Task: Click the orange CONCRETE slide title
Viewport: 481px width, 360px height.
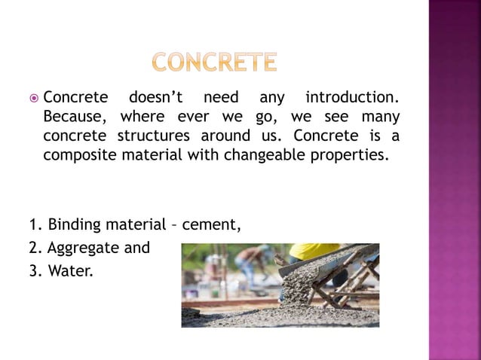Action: click(214, 62)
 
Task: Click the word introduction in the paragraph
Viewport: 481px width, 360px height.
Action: click(351, 98)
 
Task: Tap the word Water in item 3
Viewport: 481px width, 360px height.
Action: click(70, 270)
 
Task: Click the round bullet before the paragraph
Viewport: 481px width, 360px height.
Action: click(34, 99)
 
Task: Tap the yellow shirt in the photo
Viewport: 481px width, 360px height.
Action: click(313, 251)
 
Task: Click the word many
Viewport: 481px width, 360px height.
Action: click(381, 117)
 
